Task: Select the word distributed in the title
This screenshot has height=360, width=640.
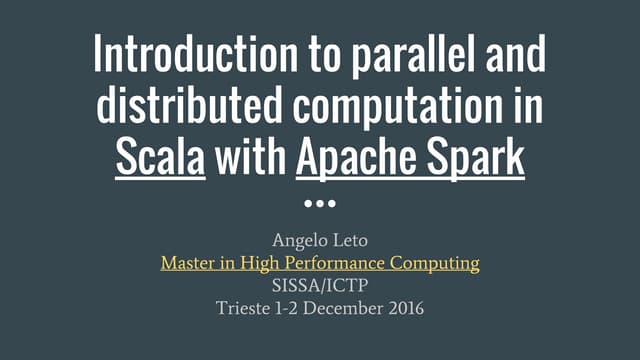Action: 170,107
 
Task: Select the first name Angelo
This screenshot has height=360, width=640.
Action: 297,240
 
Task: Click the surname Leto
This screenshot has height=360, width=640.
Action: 349,240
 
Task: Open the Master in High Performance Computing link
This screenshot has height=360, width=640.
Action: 320,263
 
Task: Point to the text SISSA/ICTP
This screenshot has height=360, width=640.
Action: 320,285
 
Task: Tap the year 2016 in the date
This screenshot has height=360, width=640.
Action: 405,308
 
